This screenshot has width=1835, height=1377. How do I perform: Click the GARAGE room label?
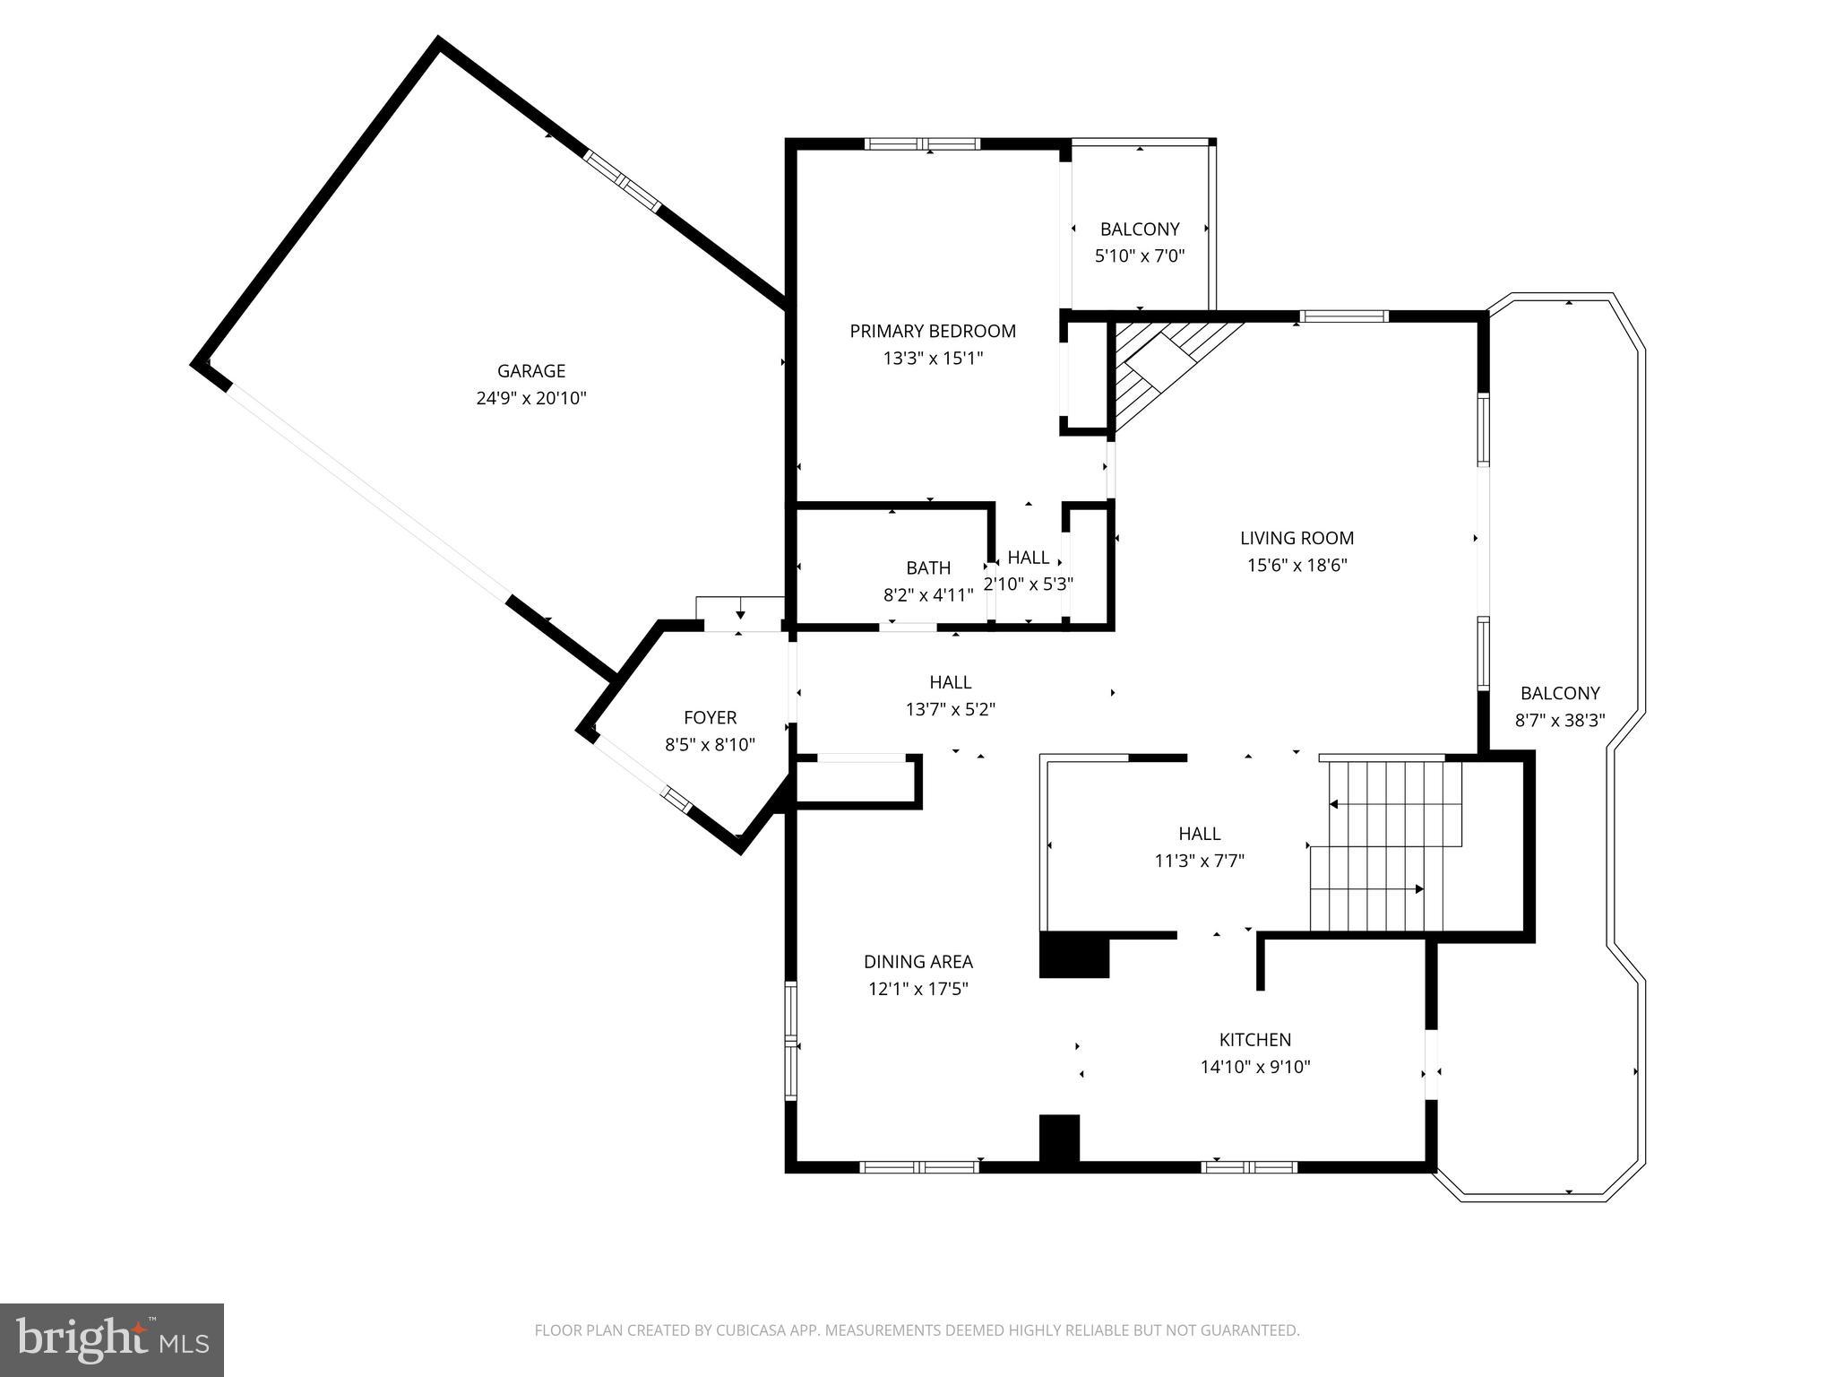point(531,370)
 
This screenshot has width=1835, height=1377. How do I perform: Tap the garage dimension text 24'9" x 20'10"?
point(531,398)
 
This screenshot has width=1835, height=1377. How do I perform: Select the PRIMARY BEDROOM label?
point(933,331)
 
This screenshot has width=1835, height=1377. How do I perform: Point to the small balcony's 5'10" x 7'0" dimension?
point(1140,256)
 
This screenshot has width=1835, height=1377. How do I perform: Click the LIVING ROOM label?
point(1297,538)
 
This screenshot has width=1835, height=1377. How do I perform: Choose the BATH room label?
point(928,567)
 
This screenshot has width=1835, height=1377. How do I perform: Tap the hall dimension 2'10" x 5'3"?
point(1029,585)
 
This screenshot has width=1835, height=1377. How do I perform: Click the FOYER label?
point(710,717)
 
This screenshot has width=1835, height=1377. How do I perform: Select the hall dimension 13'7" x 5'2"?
point(951,710)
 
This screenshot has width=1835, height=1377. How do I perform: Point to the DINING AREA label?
point(917,962)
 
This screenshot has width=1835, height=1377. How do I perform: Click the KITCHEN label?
point(1254,1040)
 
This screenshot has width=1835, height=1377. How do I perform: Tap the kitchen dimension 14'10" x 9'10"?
point(1254,1067)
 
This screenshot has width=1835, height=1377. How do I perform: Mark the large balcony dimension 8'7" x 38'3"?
point(1560,720)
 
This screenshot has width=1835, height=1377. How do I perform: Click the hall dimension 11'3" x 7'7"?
point(1199,862)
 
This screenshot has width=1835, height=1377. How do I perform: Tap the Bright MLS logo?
point(111,1340)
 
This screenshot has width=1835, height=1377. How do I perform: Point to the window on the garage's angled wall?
point(623,181)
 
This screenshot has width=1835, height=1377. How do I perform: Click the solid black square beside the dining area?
point(1073,956)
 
